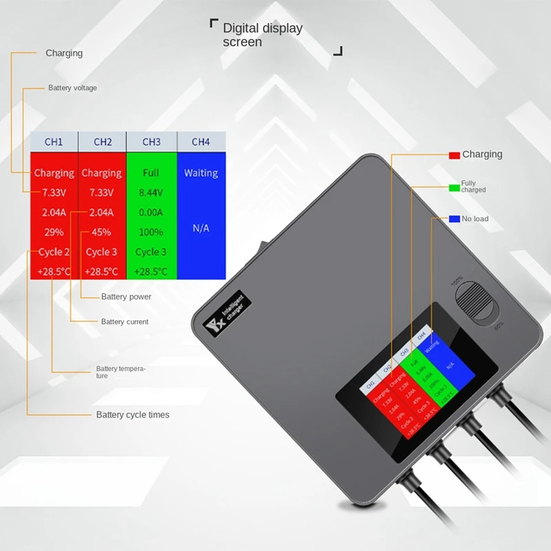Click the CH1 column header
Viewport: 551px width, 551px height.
pyautogui.click(x=54, y=142)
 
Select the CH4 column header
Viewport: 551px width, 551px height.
pyautogui.click(x=200, y=142)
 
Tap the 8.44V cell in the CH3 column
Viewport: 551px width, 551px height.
pyautogui.click(x=151, y=192)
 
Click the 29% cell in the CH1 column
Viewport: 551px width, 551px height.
pyautogui.click(x=54, y=232)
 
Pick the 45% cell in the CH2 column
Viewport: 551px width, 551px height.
pyautogui.click(x=102, y=232)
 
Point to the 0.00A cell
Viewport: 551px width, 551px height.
pyautogui.click(x=151, y=212)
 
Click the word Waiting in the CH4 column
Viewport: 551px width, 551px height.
pyautogui.click(x=200, y=173)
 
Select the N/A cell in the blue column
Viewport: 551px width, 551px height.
pyautogui.click(x=200, y=228)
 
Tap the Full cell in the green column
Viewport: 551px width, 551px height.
pyautogui.click(x=151, y=173)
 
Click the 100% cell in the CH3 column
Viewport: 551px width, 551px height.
pyautogui.click(x=151, y=232)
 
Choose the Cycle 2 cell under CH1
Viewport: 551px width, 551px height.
pyautogui.click(x=54, y=252)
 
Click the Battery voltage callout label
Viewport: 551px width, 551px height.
pyautogui.click(x=72, y=88)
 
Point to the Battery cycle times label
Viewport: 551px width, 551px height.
pyautogui.click(x=132, y=415)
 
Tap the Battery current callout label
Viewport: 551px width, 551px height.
pyautogui.click(x=125, y=322)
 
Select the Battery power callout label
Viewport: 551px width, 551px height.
pyautogui.click(x=126, y=297)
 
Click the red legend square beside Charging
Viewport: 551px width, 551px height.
pyautogui.click(x=454, y=155)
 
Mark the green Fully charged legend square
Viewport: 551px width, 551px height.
pyautogui.click(x=454, y=187)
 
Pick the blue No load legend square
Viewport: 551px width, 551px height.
pyautogui.click(x=454, y=219)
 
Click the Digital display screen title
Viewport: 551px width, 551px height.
pyautogui.click(x=262, y=35)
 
